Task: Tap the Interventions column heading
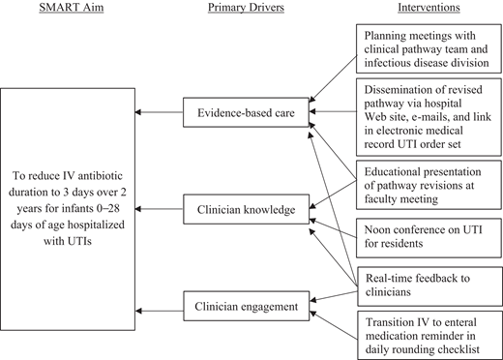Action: click(x=427, y=10)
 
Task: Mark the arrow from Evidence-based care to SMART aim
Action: click(x=163, y=113)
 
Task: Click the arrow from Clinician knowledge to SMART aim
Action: click(x=163, y=208)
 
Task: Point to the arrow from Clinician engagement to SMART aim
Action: click(x=163, y=310)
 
